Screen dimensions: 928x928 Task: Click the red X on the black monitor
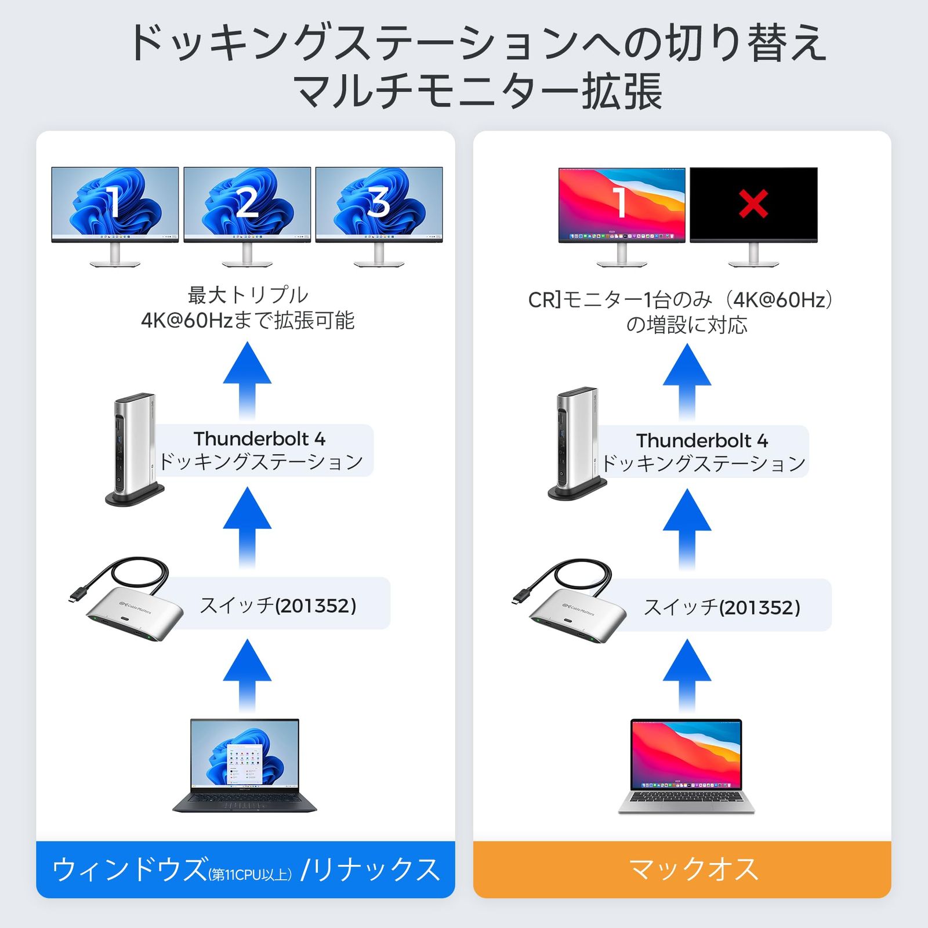pos(753,204)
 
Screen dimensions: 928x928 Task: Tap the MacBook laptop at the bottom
pos(686,766)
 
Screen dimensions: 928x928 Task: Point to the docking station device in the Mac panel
pos(577,443)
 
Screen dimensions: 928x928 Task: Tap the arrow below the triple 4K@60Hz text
pos(247,377)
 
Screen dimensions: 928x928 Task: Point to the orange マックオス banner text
pos(694,869)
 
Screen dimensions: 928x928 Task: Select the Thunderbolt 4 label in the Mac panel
pos(702,441)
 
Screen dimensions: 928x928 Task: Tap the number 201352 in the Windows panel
pos(316,606)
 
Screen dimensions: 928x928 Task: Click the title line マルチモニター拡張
pos(478,92)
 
